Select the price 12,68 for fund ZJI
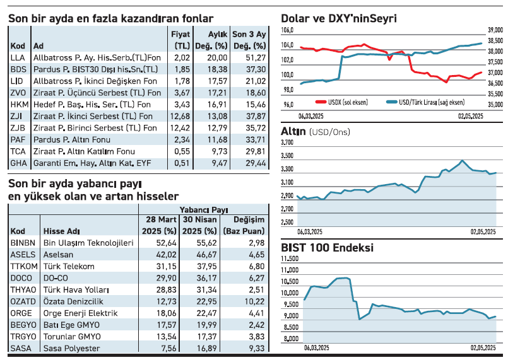(x=180, y=116)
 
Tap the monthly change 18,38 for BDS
(x=217, y=69)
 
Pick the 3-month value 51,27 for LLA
(x=254, y=57)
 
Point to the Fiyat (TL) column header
(x=181, y=39)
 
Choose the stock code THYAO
(x=23, y=289)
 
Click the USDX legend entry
(x=331, y=101)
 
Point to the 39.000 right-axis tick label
(x=495, y=30)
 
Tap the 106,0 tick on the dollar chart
(x=287, y=30)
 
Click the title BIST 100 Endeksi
(x=327, y=248)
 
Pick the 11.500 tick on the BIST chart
(x=289, y=258)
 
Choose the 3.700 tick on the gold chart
(x=287, y=144)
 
